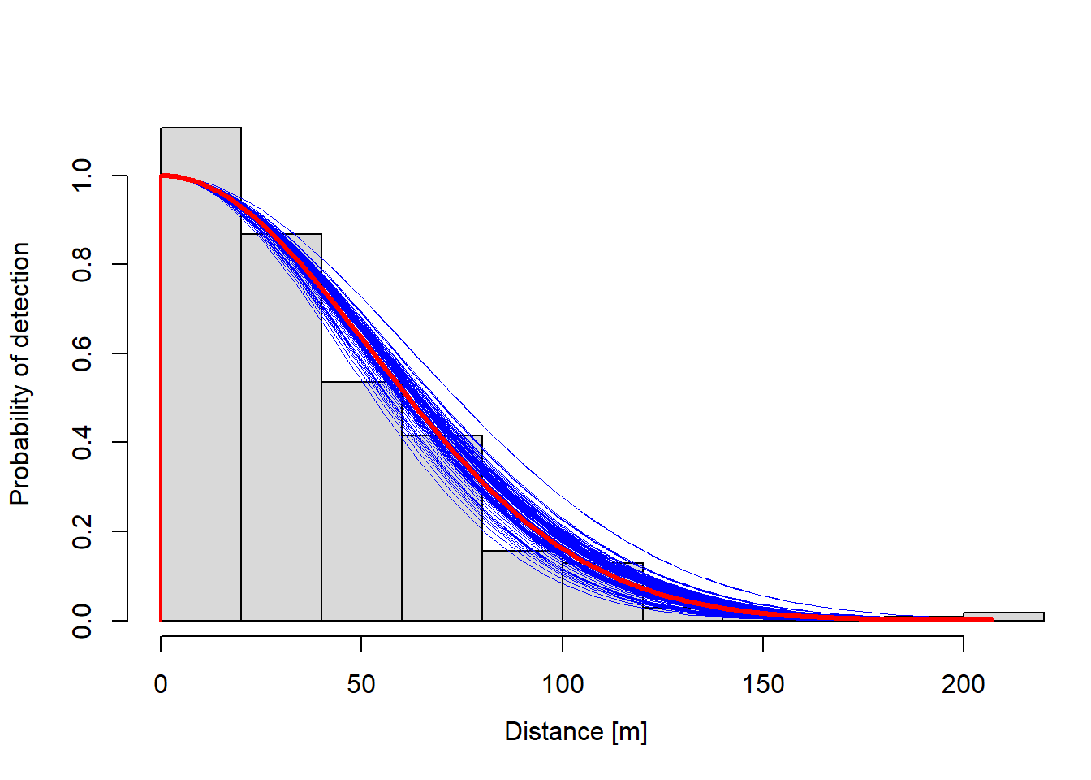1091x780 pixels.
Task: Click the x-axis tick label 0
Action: (x=161, y=684)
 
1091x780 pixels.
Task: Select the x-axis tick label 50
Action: (x=361, y=684)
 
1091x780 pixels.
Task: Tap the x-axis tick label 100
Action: (x=563, y=684)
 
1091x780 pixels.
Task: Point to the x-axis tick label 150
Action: (x=763, y=684)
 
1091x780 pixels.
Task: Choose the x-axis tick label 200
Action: (x=964, y=684)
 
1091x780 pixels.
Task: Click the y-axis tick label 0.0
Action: (x=82, y=621)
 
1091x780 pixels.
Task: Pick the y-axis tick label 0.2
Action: (x=82, y=531)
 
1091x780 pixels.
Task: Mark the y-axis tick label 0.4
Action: (x=82, y=443)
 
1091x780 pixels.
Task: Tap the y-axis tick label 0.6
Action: (x=82, y=353)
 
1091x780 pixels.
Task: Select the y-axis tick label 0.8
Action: (x=82, y=265)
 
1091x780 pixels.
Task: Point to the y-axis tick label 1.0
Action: (x=82, y=175)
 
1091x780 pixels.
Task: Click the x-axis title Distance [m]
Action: (x=576, y=731)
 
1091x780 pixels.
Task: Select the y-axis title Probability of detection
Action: (x=20, y=374)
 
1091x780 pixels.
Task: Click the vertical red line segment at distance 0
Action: (x=161, y=406)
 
